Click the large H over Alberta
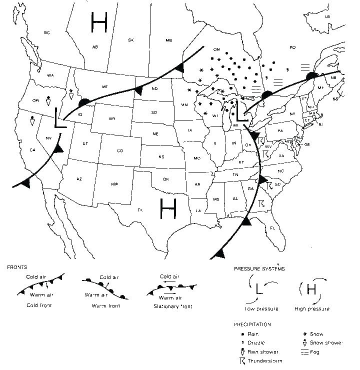99,22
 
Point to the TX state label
140,210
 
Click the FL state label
272,227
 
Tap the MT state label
104,87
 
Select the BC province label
47,32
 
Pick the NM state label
114,184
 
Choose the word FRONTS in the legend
17,267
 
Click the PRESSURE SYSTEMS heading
259,268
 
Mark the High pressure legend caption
312,308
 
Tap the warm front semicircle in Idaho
85,102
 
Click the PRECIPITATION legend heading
252,324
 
